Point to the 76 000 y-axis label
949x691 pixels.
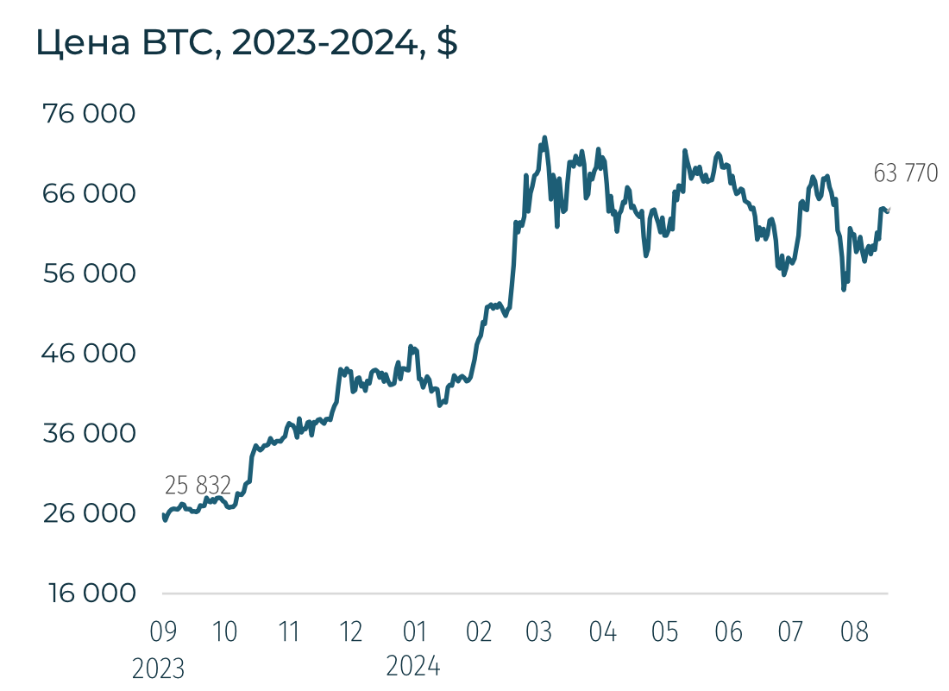pyautogui.click(x=90, y=114)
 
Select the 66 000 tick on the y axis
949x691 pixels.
pyautogui.click(x=90, y=193)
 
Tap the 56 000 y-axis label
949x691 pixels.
pyautogui.click(x=90, y=273)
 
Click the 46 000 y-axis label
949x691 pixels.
pyautogui.click(x=90, y=353)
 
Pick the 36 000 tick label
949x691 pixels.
pyautogui.click(x=90, y=433)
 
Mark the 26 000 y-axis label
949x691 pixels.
pyautogui.click(x=90, y=513)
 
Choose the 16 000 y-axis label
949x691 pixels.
pyautogui.click(x=90, y=594)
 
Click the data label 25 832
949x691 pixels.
pyautogui.click(x=198, y=486)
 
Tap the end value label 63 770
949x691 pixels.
pyautogui.click(x=905, y=173)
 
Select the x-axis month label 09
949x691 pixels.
pyautogui.click(x=162, y=632)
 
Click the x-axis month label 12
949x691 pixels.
pyautogui.click(x=351, y=632)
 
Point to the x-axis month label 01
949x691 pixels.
pyautogui.click(x=415, y=632)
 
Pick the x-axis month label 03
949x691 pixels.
pyautogui.click(x=539, y=632)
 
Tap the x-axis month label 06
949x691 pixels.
pyautogui.click(x=729, y=632)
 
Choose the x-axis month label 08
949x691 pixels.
pyautogui.click(x=854, y=632)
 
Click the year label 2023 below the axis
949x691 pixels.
pyautogui.click(x=159, y=669)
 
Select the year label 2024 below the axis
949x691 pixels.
pyautogui.click(x=413, y=666)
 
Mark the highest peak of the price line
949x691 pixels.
pyautogui.click(x=544, y=138)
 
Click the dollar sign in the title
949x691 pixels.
pyautogui.click(x=447, y=43)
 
